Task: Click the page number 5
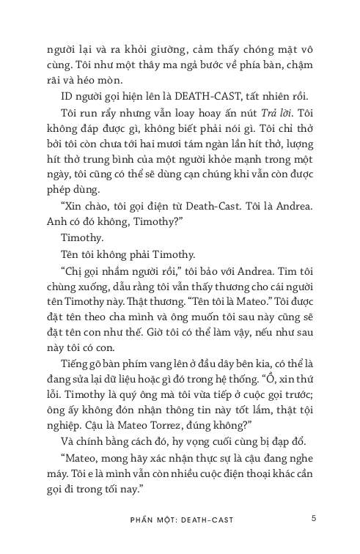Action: pos(313,518)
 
